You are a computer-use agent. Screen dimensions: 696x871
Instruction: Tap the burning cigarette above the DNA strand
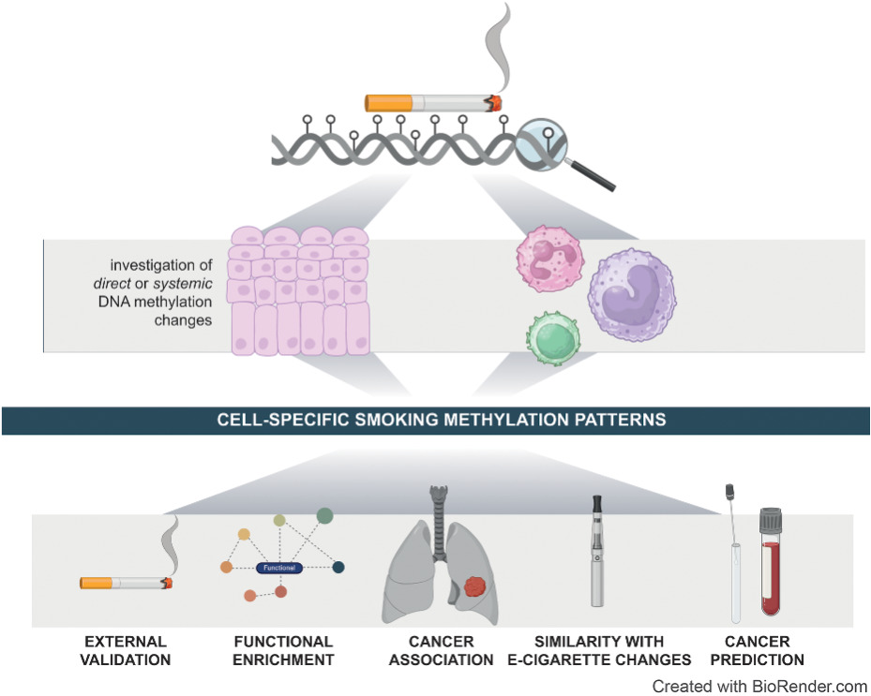[x=432, y=102]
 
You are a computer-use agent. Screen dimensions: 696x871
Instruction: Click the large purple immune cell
[x=630, y=299]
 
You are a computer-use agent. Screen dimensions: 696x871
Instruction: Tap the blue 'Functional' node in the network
[x=282, y=568]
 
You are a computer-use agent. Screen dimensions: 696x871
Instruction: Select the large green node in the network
[x=324, y=514]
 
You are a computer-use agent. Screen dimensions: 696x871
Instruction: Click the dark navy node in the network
[x=338, y=567]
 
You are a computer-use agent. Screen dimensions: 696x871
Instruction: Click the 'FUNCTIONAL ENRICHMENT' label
[x=283, y=650]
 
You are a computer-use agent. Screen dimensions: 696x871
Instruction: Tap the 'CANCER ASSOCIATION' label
[x=442, y=650]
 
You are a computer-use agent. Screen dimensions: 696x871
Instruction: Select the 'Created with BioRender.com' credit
[x=759, y=686]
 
